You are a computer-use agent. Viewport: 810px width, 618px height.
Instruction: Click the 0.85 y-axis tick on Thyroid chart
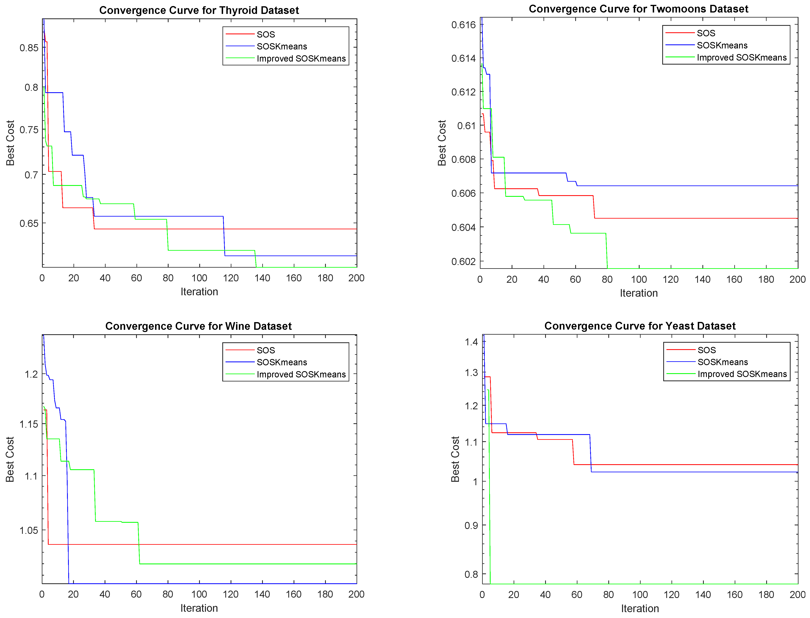click(x=29, y=48)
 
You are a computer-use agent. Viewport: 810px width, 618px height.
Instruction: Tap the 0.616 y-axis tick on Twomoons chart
click(x=463, y=25)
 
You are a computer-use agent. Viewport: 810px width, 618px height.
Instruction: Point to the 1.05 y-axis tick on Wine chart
click(x=29, y=530)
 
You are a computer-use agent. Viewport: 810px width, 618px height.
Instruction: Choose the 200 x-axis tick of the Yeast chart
click(x=797, y=595)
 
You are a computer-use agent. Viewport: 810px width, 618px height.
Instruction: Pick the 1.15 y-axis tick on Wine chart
click(x=29, y=424)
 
